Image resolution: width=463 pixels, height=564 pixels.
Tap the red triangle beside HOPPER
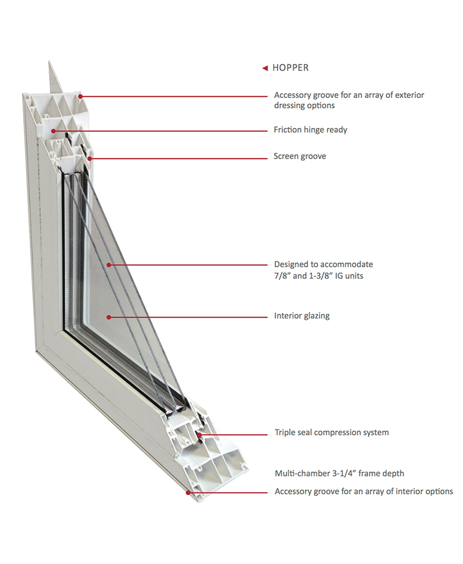pos(265,68)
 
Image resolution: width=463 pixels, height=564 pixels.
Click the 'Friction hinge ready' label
pos(310,130)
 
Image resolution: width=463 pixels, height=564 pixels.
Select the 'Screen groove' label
pos(300,157)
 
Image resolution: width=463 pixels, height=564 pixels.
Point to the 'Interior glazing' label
pos(302,316)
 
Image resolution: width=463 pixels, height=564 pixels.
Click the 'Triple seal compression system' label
pos(331,432)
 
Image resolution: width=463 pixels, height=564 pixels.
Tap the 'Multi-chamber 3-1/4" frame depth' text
pos(339,474)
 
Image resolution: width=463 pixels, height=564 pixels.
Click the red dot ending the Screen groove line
pos(90,157)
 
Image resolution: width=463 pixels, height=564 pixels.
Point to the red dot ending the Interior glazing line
pos(108,316)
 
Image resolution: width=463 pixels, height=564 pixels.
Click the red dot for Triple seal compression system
pos(199,433)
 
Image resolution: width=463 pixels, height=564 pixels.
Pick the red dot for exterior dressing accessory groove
pos(80,96)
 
